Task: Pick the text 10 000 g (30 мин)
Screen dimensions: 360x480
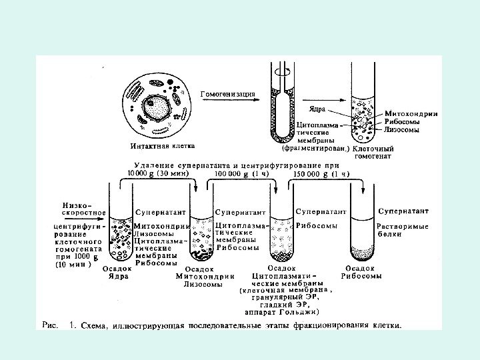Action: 158,173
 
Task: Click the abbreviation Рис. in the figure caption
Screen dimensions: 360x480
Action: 51,326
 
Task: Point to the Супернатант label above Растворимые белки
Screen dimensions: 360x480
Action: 403,211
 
